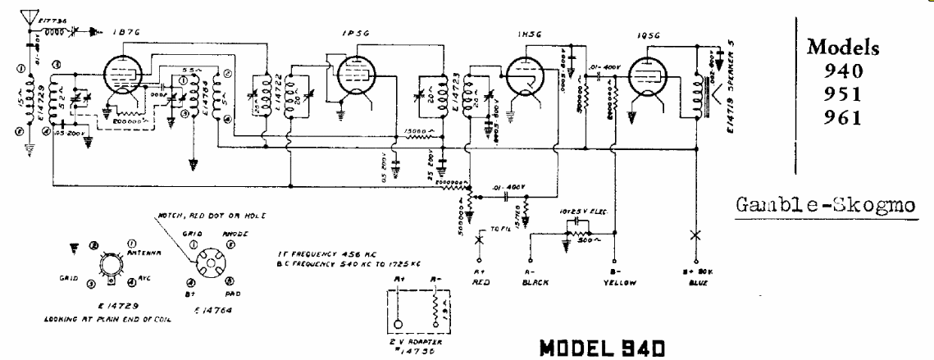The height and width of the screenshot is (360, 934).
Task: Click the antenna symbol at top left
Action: pyautogui.click(x=32, y=17)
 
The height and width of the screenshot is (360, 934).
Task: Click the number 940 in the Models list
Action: pyautogui.click(x=845, y=69)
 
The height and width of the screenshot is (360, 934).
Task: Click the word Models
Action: pyautogui.click(x=845, y=48)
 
